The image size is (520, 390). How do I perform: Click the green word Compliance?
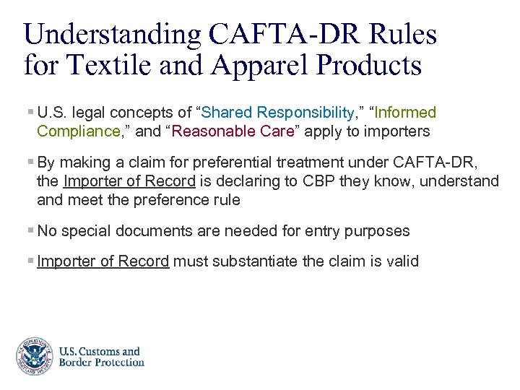point(78,131)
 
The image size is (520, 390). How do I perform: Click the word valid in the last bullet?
point(402,261)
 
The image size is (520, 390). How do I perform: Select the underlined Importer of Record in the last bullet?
point(103,261)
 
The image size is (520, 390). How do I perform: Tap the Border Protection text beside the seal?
point(102,363)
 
